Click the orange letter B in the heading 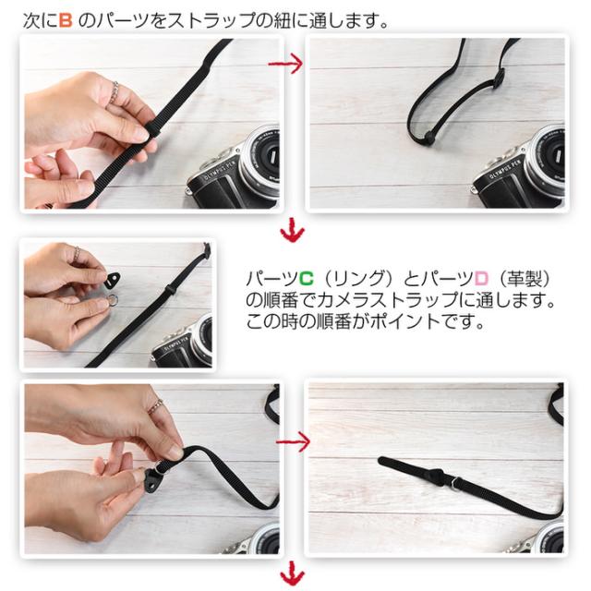point(66,20)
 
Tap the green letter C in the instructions point(306,279)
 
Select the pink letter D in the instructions point(482,279)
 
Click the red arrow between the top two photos point(285,64)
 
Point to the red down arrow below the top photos point(292,230)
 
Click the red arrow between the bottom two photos point(293,441)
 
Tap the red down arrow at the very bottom point(292,574)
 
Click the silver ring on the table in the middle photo point(113,300)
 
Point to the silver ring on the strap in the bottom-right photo point(454,482)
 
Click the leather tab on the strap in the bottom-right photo point(438,476)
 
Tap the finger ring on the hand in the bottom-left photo point(155,406)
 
